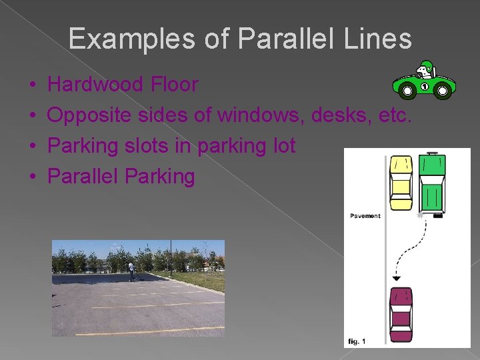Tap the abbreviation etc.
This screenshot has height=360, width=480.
click(395, 115)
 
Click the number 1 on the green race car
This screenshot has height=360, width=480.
click(424, 86)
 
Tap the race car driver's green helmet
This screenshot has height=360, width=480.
click(425, 67)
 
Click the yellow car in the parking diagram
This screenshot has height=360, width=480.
click(401, 183)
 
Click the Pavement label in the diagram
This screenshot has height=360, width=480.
click(365, 216)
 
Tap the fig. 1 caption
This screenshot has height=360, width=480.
click(357, 341)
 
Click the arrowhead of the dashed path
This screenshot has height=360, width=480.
click(396, 277)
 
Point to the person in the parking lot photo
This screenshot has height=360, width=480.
click(131, 271)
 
